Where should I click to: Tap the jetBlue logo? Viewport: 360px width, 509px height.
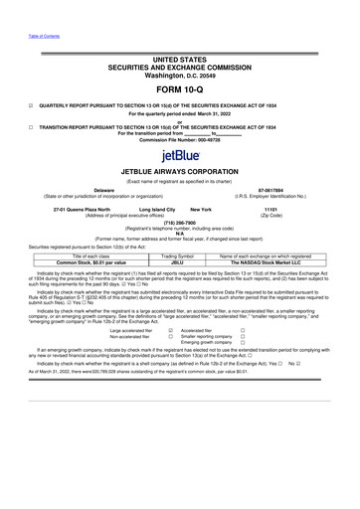point(180,155)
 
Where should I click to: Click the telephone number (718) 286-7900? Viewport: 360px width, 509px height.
point(180,224)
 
